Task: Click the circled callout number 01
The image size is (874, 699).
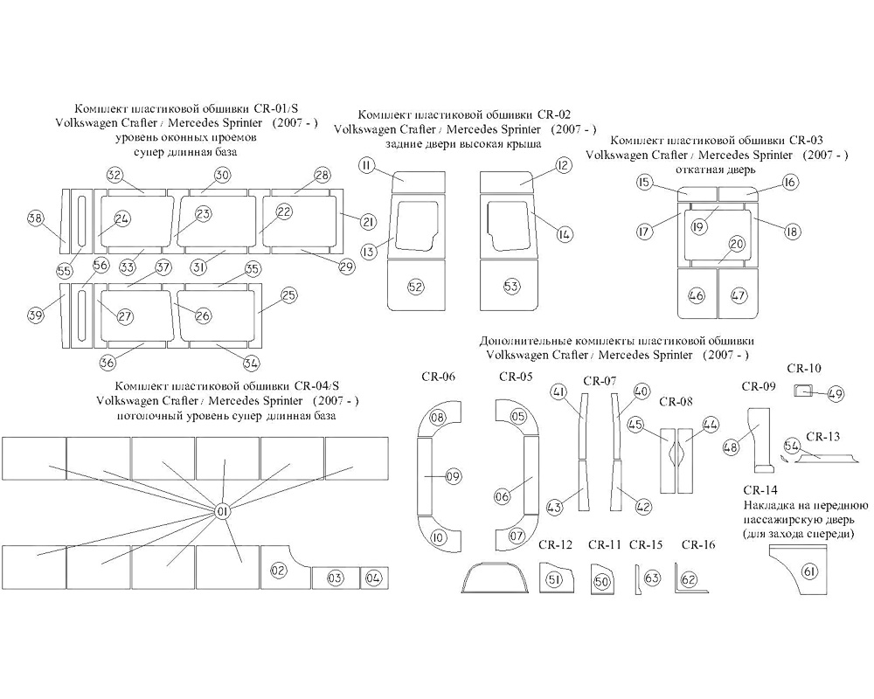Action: pos(222,511)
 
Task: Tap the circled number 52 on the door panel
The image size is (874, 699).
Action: pos(415,287)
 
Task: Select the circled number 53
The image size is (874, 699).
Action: pos(511,287)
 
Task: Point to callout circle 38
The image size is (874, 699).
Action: pos(36,218)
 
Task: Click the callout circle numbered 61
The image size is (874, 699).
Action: pos(809,571)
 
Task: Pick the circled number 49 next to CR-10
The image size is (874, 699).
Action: pos(835,394)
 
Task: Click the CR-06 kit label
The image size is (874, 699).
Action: pos(438,377)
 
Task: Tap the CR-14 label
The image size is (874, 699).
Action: pos(760,490)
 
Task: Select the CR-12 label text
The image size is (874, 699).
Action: pos(555,544)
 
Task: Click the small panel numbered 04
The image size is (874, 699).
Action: pos(374,578)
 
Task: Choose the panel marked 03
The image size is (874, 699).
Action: pos(335,578)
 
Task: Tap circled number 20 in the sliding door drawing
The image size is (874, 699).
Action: pos(737,244)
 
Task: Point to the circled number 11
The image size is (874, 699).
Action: pos(367,165)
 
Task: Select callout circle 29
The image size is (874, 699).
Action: pos(347,267)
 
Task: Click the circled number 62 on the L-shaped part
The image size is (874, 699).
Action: pos(689,579)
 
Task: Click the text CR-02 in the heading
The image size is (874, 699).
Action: pos(554,114)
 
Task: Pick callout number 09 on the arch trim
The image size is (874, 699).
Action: pos(453,476)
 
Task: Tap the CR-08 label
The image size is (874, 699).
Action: pos(676,401)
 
